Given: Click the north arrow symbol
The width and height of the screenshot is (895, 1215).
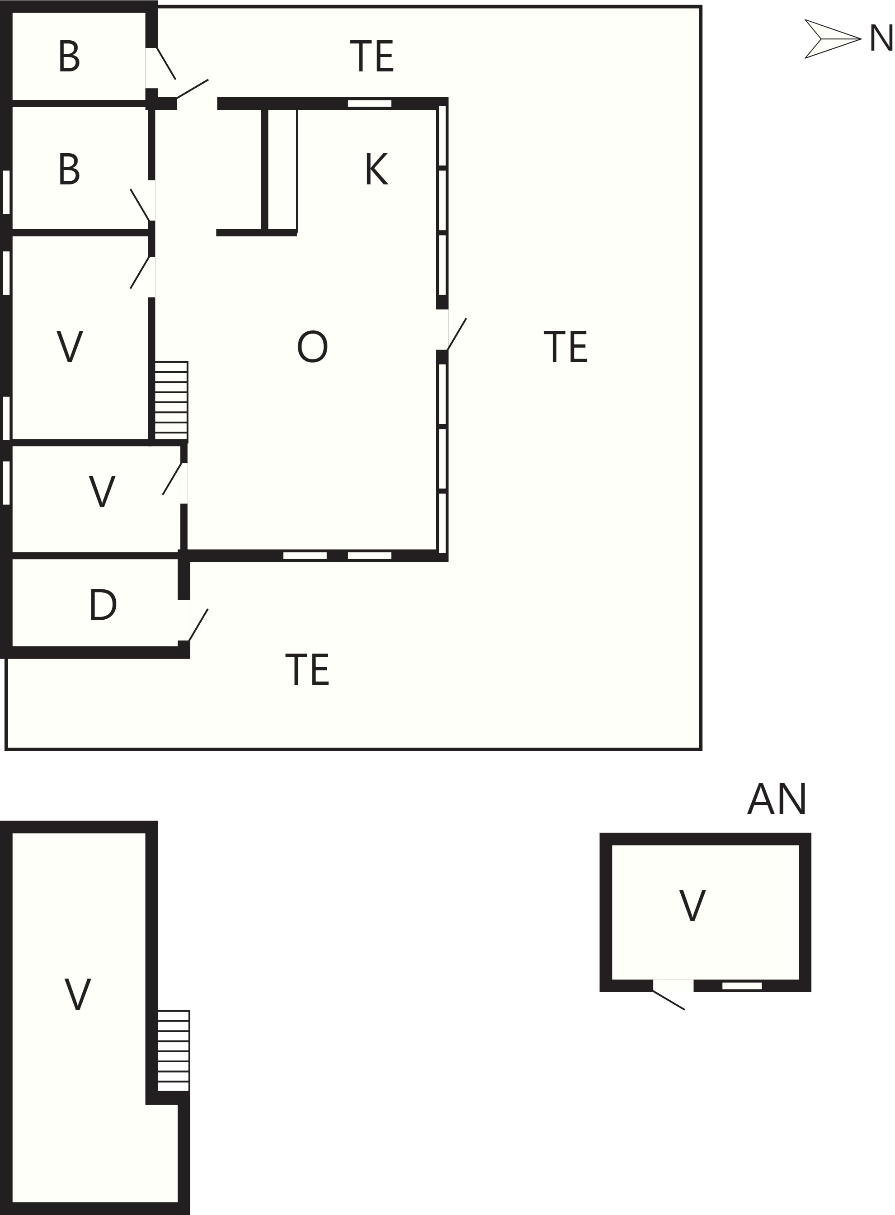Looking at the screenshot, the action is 833,39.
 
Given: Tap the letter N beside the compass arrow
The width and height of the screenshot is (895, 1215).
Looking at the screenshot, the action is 881,39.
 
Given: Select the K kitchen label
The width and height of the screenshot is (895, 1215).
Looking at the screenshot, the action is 377,169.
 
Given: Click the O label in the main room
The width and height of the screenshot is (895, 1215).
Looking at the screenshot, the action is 313,347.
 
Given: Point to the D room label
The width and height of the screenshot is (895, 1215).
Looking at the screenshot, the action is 103,604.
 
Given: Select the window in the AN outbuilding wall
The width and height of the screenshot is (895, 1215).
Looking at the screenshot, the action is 742,986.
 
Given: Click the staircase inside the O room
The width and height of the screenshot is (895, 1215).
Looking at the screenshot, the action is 171,401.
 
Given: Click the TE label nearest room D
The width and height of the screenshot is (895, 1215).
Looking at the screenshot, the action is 307,669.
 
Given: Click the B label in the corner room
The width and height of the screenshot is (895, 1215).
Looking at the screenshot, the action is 69,57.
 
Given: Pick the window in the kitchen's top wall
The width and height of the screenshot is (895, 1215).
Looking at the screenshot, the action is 369,104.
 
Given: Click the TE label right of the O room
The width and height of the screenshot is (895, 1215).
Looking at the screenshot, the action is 565,347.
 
